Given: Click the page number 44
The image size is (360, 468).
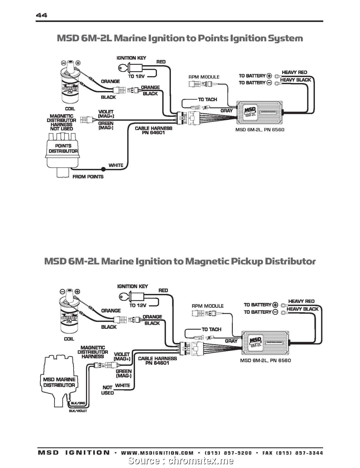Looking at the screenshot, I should pyautogui.click(x=41, y=15).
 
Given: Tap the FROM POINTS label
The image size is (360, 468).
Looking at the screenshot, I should pyautogui.click(x=88, y=177).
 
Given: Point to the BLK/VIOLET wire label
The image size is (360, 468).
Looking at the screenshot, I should pyautogui.click(x=78, y=411).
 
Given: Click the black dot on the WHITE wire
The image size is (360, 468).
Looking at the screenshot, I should pyautogui.click(x=103, y=169).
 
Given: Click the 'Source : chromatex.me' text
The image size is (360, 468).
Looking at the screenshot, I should pyautogui.click(x=180, y=461).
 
